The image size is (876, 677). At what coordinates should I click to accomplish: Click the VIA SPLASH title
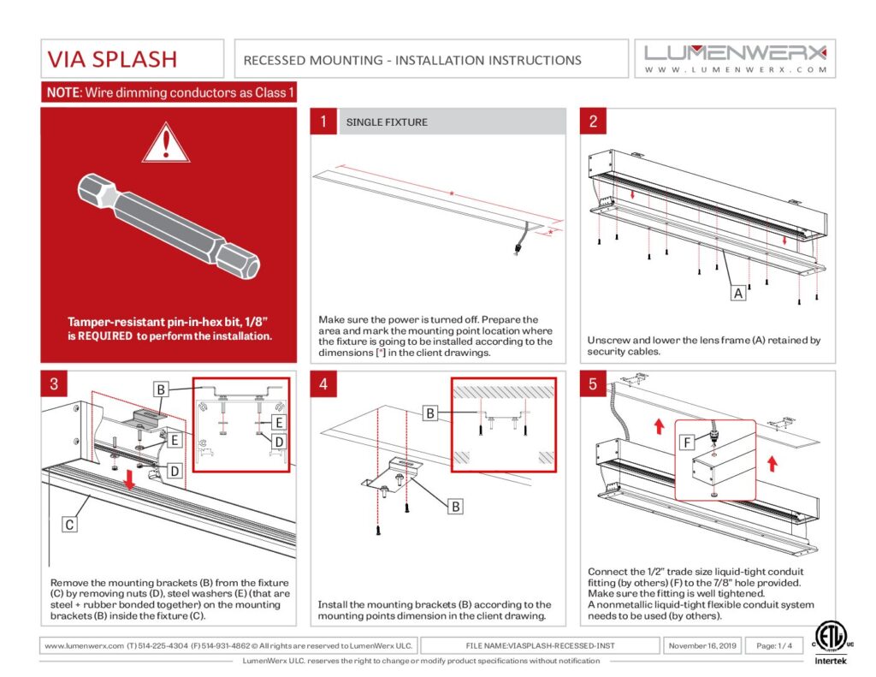point(112,59)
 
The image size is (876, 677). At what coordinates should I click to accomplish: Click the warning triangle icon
point(165,142)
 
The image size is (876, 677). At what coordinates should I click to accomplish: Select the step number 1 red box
point(323,122)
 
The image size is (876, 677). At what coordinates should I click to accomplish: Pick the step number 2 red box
point(593,122)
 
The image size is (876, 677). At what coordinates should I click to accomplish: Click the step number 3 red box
point(53,383)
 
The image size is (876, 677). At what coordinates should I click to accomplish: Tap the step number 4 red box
point(323,383)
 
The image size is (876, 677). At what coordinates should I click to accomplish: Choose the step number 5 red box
point(593,383)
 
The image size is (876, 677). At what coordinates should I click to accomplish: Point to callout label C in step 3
point(69,524)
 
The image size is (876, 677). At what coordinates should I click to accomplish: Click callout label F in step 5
point(687,443)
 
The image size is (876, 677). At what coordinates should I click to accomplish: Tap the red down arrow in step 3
point(129,481)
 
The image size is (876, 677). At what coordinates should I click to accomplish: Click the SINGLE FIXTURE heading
point(387,122)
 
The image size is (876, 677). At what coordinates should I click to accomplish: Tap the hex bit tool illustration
point(169,225)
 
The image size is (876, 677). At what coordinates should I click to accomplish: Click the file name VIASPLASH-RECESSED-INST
point(541,645)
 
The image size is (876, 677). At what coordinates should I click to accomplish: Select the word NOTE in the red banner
point(62,92)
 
